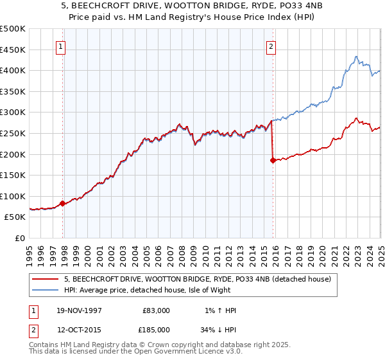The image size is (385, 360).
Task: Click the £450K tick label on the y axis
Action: (x=13, y=50)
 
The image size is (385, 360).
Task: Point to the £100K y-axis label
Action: (x=13, y=196)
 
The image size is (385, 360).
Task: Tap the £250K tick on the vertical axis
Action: (x=13, y=133)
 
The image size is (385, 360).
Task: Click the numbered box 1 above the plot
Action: (x=60, y=46)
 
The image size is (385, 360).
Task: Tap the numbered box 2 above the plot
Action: (x=271, y=46)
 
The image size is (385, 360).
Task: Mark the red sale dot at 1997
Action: (x=63, y=203)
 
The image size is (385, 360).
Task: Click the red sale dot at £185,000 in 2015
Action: (x=273, y=161)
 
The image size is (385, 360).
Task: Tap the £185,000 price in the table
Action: (x=157, y=329)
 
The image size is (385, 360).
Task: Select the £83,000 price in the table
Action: (x=157, y=310)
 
